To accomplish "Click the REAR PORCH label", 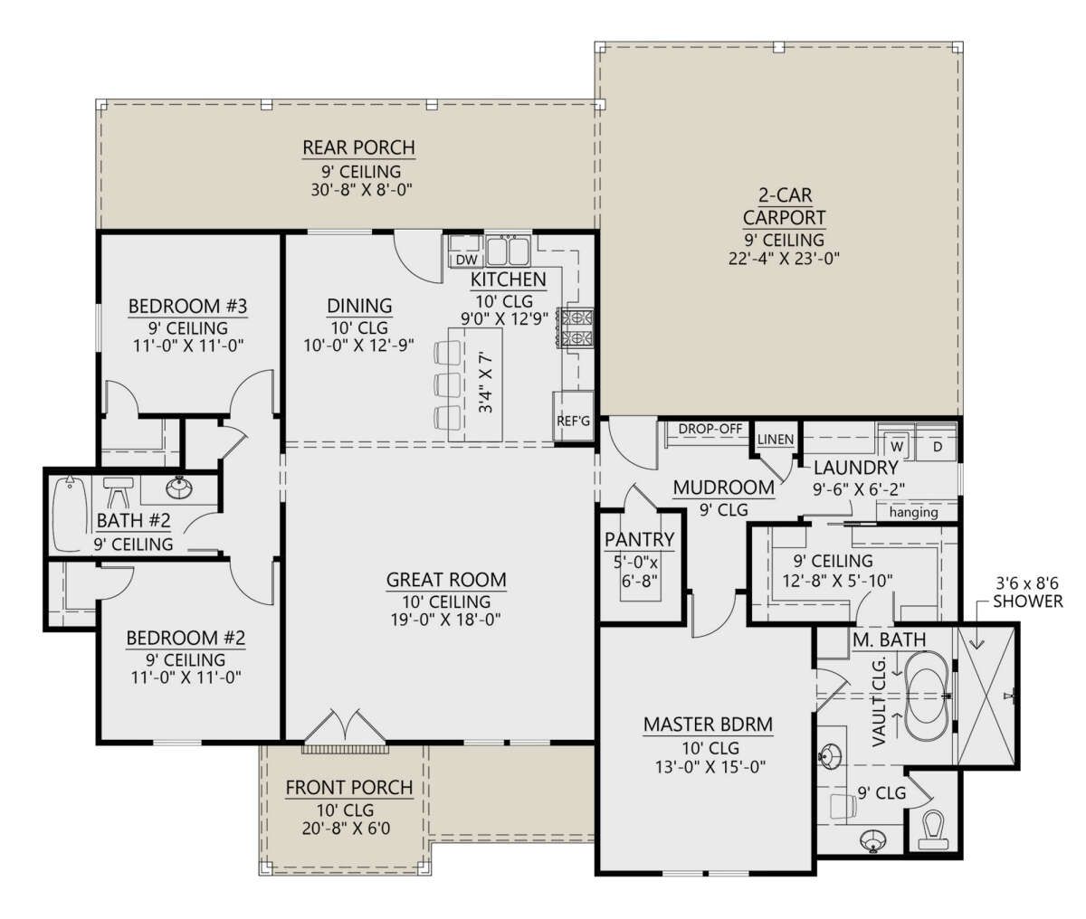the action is click(x=359, y=147).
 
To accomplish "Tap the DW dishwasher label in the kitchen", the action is click(x=467, y=260).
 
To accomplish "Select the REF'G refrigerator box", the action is click(x=573, y=416).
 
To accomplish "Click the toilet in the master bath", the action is click(x=934, y=830).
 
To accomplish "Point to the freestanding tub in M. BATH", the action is click(x=928, y=696).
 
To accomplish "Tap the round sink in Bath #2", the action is click(x=179, y=488).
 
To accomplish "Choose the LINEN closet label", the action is click(x=776, y=440).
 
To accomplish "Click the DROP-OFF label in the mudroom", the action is click(x=710, y=429).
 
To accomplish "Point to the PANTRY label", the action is click(x=639, y=539).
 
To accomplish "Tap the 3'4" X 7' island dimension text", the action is click(x=487, y=384).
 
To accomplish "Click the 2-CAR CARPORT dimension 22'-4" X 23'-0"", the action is click(x=784, y=259).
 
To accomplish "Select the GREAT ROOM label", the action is click(x=446, y=580).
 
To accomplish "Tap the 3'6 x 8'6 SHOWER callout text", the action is click(x=1028, y=592).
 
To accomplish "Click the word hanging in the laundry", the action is click(x=914, y=513).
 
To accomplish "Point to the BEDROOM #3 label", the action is click(x=187, y=306).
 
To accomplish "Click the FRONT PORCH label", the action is click(x=349, y=788).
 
